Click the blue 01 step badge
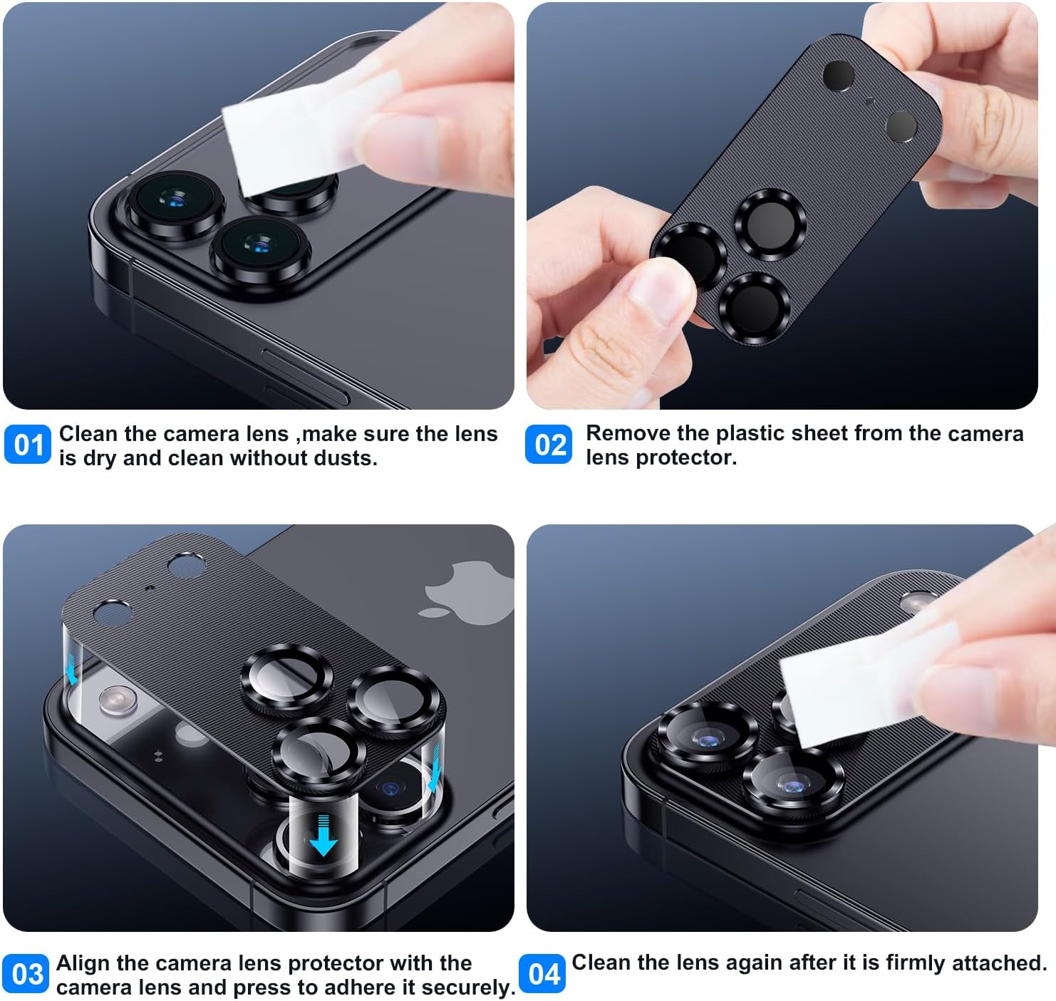click(27, 445)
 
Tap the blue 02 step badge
click(549, 445)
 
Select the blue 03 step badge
click(25, 974)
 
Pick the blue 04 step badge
click(542, 974)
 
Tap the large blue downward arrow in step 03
click(323, 836)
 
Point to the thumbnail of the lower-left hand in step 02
click(660, 289)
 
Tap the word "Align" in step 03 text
click(84, 963)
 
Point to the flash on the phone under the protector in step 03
click(118, 700)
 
